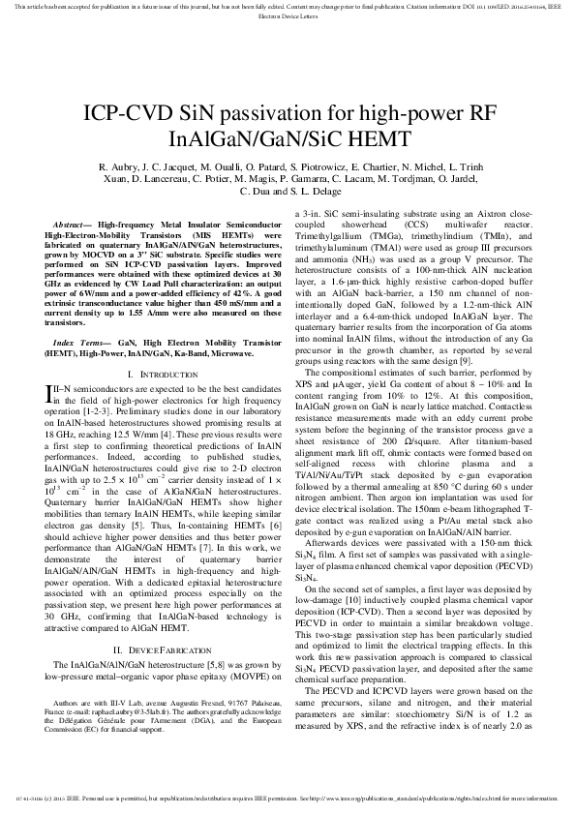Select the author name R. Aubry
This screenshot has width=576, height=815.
coord(120,167)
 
